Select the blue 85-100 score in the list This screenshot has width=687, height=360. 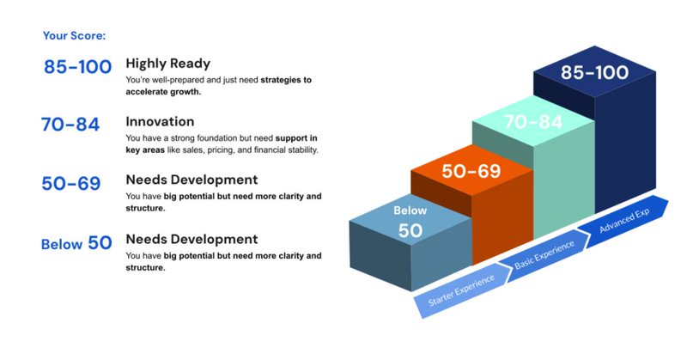tap(77, 67)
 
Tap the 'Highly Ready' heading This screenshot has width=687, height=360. tap(167, 64)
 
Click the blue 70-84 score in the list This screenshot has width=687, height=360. tap(70, 125)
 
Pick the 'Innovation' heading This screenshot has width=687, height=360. tap(160, 122)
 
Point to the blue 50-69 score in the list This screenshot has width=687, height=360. tap(70, 183)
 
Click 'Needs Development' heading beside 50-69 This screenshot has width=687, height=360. tap(192, 180)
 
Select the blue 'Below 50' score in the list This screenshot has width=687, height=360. tap(76, 243)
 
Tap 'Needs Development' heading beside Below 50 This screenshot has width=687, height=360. tap(192, 239)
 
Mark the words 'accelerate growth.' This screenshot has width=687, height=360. tap(163, 92)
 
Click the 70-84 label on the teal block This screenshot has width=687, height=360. tap(532, 122)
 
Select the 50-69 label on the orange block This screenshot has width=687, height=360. tap(471, 171)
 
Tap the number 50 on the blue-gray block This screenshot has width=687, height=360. tap(410, 230)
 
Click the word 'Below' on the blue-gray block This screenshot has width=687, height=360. tap(410, 211)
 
